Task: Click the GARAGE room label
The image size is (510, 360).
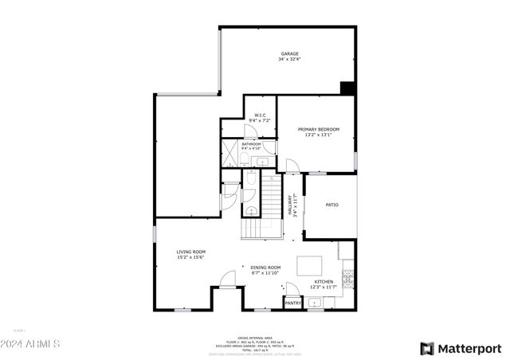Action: (289, 54)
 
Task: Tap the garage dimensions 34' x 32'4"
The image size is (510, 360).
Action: (289, 60)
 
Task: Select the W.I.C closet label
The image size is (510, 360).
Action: (260, 115)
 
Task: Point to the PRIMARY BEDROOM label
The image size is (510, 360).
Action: (319, 129)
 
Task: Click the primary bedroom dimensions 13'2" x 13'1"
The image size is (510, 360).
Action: (319, 135)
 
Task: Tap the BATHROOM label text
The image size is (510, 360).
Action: (251, 144)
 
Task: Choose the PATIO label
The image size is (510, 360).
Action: (332, 205)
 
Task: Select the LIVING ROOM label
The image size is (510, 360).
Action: (191, 252)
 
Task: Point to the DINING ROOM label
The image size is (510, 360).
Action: (265, 267)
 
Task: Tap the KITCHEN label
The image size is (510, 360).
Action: (324, 281)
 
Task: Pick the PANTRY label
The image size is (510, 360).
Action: (293, 303)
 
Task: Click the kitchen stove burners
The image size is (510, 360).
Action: (347, 279)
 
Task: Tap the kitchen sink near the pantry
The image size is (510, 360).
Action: (316, 303)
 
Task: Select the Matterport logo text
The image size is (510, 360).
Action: (470, 348)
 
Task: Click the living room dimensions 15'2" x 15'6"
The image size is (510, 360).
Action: (191, 257)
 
